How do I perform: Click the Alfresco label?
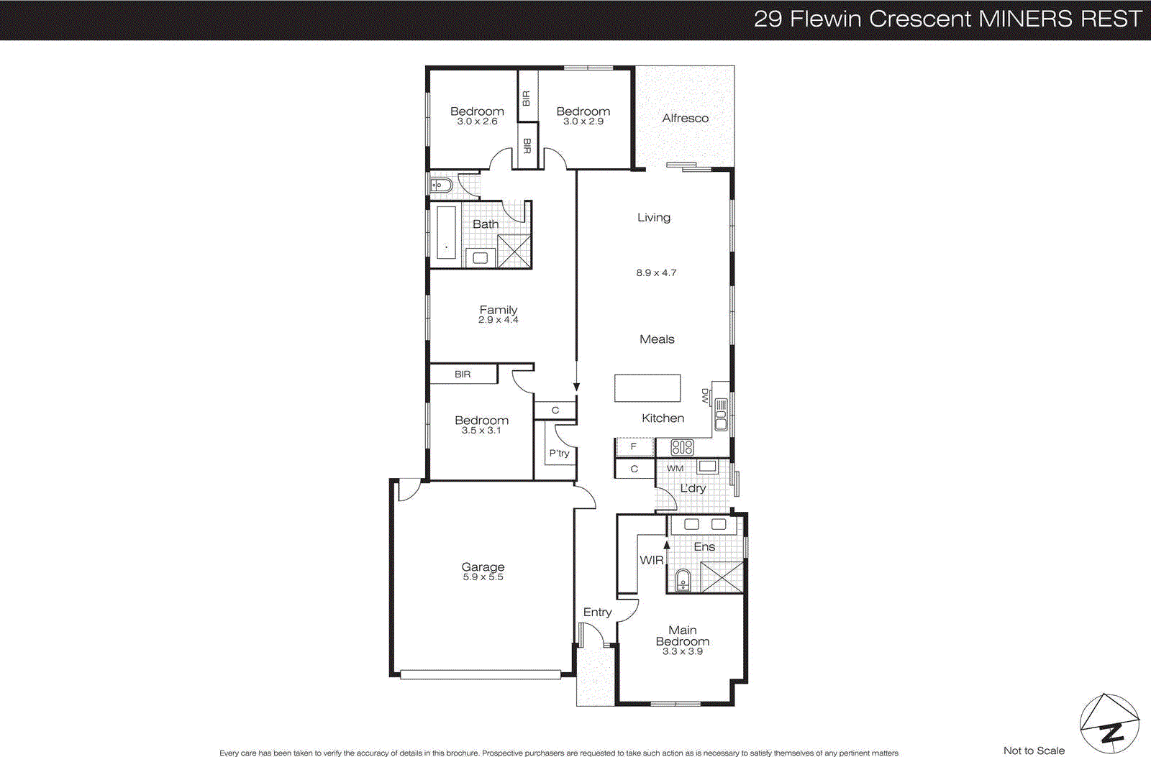(685, 118)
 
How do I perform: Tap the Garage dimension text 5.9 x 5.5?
(483, 577)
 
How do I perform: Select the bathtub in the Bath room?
(446, 232)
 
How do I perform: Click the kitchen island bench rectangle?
(647, 388)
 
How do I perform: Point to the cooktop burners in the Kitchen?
(682, 447)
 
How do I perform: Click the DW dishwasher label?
(705, 395)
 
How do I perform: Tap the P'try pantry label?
(559, 453)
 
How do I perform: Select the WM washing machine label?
(675, 468)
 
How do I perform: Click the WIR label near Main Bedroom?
(652, 560)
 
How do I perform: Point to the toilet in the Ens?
(683, 579)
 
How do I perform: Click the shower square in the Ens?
(722, 577)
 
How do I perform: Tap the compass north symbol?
(1109, 725)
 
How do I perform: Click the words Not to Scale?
(1034, 751)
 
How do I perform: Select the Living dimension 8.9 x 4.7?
(656, 272)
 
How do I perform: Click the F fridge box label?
(634, 446)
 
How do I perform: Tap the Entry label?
(597, 612)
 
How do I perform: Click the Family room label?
(499, 310)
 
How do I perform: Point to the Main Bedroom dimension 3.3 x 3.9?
(682, 651)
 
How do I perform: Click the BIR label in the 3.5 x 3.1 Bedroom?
(463, 374)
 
